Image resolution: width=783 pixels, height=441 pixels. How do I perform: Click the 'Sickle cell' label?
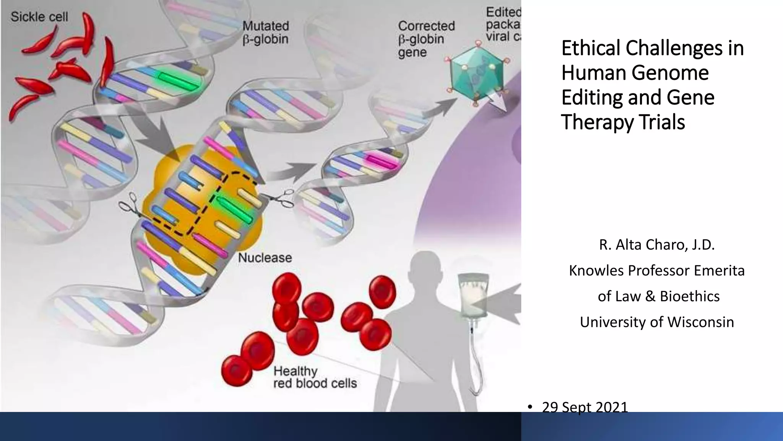tap(39, 17)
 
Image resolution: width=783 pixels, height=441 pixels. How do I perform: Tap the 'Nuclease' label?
tap(265, 258)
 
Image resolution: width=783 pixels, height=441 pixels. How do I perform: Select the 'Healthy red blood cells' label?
tap(315, 377)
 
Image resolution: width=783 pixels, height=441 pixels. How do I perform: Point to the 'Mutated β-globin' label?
tap(266, 33)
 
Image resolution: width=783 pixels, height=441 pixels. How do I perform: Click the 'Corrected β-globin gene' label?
tap(426, 39)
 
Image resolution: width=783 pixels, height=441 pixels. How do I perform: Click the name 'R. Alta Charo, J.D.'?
tap(656, 245)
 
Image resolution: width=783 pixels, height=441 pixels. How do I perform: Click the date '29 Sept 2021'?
tap(585, 407)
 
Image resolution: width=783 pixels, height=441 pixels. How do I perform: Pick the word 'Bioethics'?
tap(690, 296)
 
